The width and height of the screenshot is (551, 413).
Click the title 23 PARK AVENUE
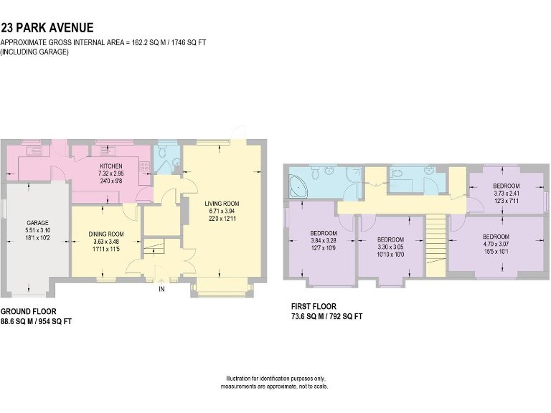pos(47,28)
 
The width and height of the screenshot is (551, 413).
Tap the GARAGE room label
pos(37,223)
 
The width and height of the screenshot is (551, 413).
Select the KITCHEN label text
pos(111,166)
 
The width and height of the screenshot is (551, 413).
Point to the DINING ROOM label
pos(106,234)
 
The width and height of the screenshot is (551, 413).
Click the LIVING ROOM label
pos(222,204)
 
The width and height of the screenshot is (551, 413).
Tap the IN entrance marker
pos(161,290)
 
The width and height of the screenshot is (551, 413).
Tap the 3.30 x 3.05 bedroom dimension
pos(391,247)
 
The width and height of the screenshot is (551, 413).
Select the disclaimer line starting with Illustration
pos(275,379)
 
